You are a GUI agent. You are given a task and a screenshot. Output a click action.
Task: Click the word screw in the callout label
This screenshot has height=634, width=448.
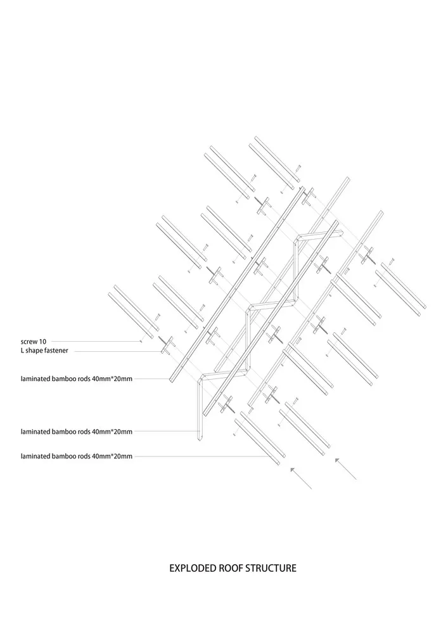coord(29,342)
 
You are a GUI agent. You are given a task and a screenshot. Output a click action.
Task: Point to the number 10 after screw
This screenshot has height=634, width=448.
coord(43,342)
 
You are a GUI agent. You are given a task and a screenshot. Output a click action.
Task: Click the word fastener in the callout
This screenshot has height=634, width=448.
coord(56,351)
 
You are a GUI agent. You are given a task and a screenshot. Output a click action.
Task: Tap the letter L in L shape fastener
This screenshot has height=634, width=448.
coord(23,351)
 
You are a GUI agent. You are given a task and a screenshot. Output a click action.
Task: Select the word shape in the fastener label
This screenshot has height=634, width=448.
coord(34,351)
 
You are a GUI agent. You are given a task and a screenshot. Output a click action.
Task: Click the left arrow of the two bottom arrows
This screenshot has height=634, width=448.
coord(302,478)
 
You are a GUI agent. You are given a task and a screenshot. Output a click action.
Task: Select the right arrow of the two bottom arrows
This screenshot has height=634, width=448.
coord(346,469)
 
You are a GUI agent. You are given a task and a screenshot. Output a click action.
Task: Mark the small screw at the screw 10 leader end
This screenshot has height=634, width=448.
coord(141,342)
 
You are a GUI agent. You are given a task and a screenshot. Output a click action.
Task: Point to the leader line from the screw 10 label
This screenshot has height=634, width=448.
coord(95,342)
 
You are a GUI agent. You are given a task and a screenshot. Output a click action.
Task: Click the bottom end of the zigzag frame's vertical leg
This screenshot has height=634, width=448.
coord(200,439)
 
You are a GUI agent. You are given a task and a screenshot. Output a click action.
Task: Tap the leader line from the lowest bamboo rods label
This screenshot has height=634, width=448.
coord(201,456)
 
